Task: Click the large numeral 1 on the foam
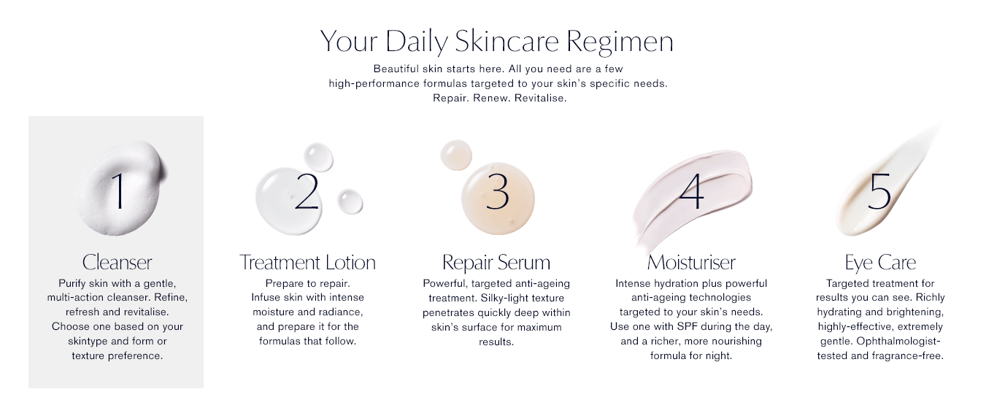pyautogui.click(x=119, y=190)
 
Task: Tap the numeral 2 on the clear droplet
pyautogui.click(x=307, y=191)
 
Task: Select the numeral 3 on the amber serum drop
pyautogui.click(x=497, y=191)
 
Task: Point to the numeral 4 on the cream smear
pyautogui.click(x=692, y=191)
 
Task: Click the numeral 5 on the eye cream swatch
pyautogui.click(x=879, y=191)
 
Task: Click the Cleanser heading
pyautogui.click(x=117, y=262)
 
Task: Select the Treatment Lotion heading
pyautogui.click(x=307, y=262)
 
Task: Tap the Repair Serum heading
pyautogui.click(x=496, y=263)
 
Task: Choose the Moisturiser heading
pyautogui.click(x=691, y=262)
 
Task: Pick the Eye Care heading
pyautogui.click(x=880, y=263)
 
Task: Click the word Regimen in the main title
pyautogui.click(x=620, y=42)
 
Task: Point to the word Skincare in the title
pyautogui.click(x=507, y=41)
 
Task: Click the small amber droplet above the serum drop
pyautogui.click(x=455, y=155)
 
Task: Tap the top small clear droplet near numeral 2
pyautogui.click(x=318, y=157)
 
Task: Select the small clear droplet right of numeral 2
pyautogui.click(x=350, y=201)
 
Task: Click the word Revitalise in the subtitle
pyautogui.click(x=540, y=98)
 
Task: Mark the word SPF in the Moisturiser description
pyautogui.click(x=688, y=326)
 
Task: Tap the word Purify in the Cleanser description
pyautogui.click(x=72, y=284)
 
